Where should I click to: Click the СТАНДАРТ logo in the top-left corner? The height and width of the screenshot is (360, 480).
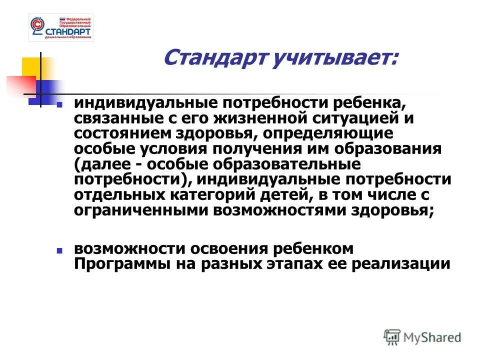pyautogui.click(x=61, y=28)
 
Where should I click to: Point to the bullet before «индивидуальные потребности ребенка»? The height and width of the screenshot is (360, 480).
pyautogui.click(x=59, y=106)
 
